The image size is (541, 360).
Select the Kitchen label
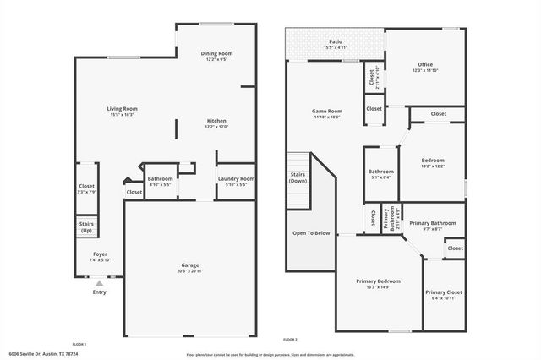[217, 121]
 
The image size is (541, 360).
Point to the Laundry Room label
[236, 178]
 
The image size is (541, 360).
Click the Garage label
[189, 265]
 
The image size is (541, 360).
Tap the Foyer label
[100, 254]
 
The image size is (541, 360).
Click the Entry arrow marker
[100, 283]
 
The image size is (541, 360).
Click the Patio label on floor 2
[335, 40]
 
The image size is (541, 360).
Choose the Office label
[425, 64]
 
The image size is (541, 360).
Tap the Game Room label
[327, 111]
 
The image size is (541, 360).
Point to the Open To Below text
[311, 232]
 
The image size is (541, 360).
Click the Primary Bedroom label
[378, 281]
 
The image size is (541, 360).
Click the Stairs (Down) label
[298, 177]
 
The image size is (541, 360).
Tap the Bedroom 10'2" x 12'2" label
[433, 161]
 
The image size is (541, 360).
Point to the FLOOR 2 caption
[290, 340]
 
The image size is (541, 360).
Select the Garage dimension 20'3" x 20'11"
[189, 271]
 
